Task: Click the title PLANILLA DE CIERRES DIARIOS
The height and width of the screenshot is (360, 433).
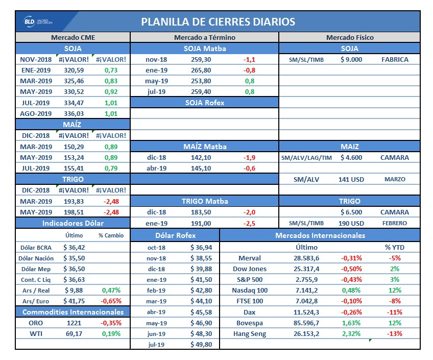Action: pyautogui.click(x=218, y=21)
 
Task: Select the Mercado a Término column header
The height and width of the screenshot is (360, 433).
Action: pyautogui.click(x=204, y=37)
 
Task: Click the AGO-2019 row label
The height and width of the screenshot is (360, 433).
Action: pyautogui.click(x=36, y=113)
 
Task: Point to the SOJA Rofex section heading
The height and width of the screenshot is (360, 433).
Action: pyautogui.click(x=204, y=103)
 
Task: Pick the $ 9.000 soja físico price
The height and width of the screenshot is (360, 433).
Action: pyautogui.click(x=351, y=59)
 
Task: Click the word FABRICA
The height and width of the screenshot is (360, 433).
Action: pyautogui.click(x=395, y=59)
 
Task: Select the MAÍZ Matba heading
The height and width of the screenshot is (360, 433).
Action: pyautogui.click(x=204, y=147)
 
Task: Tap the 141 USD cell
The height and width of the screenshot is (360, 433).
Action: pyautogui.click(x=350, y=179)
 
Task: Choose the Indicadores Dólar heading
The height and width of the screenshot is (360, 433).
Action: pyautogui.click(x=73, y=223)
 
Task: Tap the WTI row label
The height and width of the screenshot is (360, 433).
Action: pyautogui.click(x=36, y=333)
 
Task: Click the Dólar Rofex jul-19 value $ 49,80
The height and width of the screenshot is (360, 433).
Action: pyautogui.click(x=201, y=345)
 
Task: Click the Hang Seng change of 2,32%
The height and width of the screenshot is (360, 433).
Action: pyautogui.click(x=351, y=333)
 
